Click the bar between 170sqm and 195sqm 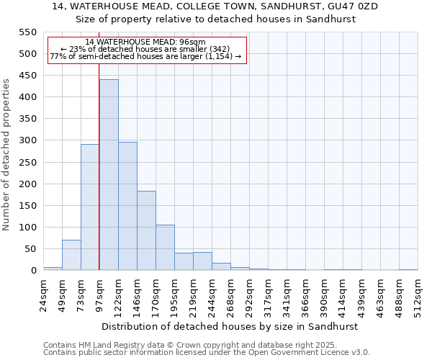point(165,248)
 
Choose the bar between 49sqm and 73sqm point(71,255)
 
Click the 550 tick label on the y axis point(27,32)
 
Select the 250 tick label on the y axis point(27,163)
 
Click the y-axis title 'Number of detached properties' point(7,155)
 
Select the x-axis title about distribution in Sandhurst point(230,326)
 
